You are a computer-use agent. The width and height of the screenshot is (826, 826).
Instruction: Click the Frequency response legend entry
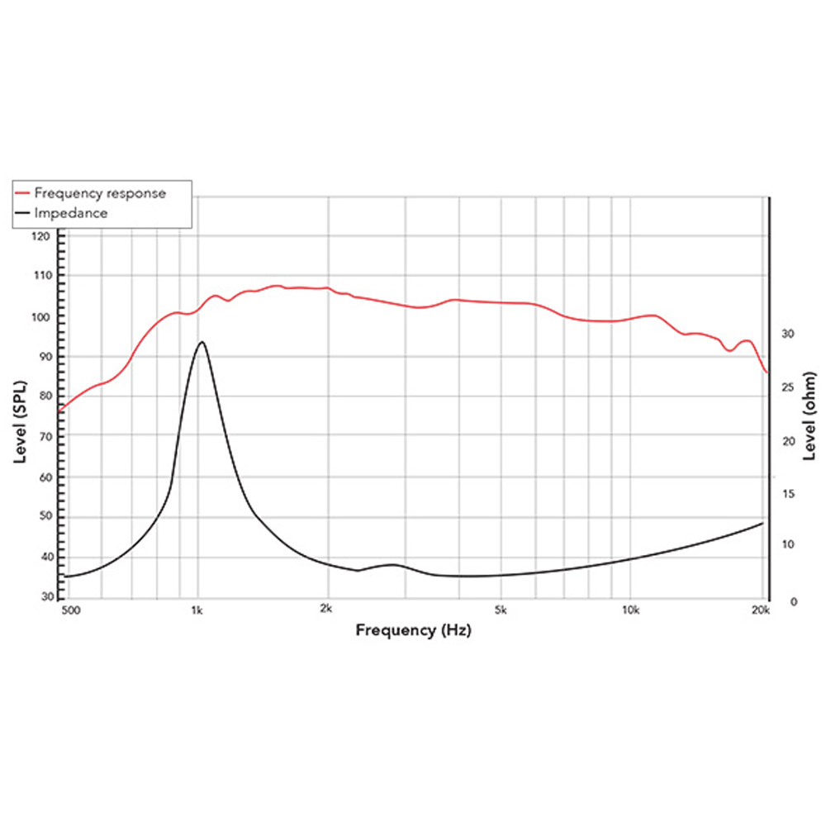pyautogui.click(x=100, y=193)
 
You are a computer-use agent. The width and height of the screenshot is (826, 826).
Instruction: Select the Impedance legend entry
pyautogui.click(x=71, y=213)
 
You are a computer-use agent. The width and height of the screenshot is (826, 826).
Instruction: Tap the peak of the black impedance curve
pyautogui.click(x=201, y=341)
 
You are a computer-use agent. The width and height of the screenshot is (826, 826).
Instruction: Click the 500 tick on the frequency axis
pyautogui.click(x=69, y=611)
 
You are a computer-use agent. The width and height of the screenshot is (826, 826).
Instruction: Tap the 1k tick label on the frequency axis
pyautogui.click(x=197, y=611)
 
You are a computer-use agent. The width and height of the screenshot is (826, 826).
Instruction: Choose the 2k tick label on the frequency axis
pyautogui.click(x=327, y=611)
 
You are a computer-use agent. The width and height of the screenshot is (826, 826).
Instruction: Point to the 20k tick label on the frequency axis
pyautogui.click(x=760, y=611)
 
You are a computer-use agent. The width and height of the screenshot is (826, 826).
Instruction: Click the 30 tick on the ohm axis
pyautogui.click(x=787, y=334)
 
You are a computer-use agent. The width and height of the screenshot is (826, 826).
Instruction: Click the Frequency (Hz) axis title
pyautogui.click(x=414, y=631)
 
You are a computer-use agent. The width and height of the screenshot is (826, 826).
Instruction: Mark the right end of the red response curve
pyautogui.click(x=767, y=373)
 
